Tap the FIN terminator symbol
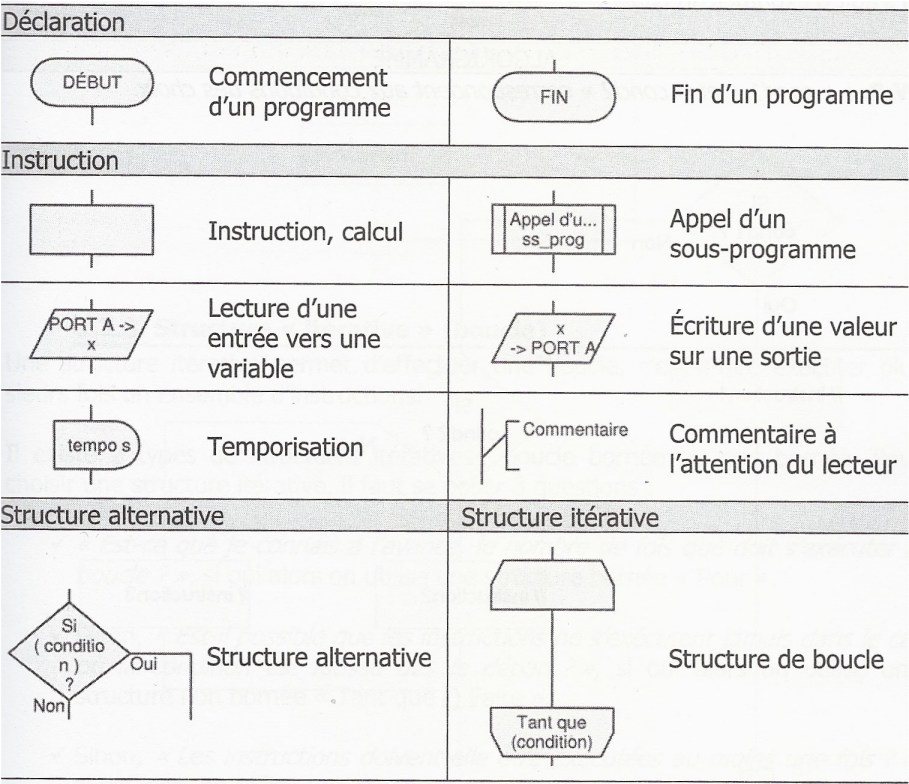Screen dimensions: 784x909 (x=553, y=97)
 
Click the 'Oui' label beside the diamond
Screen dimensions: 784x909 (x=144, y=664)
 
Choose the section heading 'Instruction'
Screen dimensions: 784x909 (x=61, y=159)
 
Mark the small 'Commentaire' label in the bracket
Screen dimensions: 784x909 (x=575, y=430)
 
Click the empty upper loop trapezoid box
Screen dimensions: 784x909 (x=553, y=582)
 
